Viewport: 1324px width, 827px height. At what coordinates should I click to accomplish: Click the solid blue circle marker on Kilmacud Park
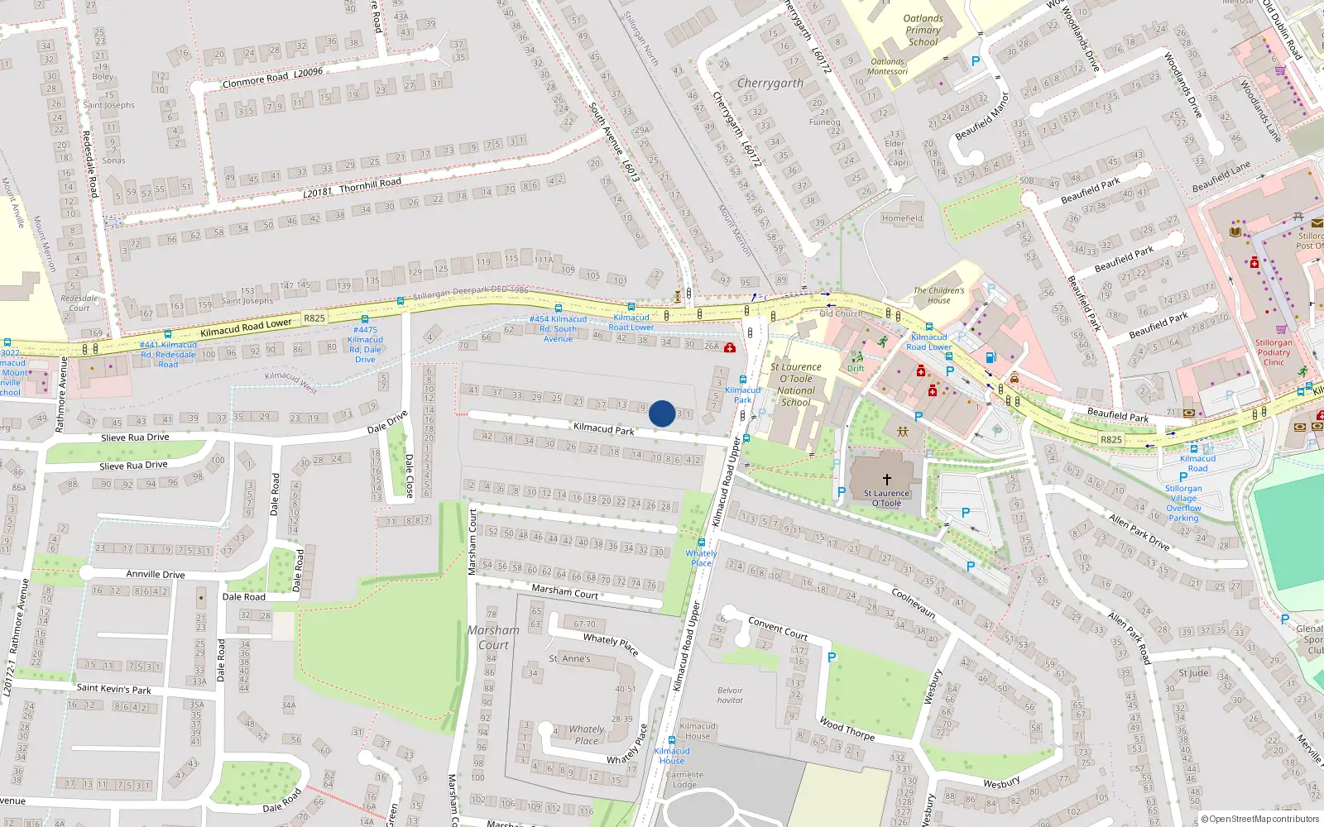coord(662,413)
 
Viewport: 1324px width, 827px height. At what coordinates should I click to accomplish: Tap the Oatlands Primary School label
coord(923,31)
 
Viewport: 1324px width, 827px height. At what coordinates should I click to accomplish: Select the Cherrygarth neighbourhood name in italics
coord(770,84)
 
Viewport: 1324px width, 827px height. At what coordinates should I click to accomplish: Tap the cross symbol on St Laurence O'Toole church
coord(886,479)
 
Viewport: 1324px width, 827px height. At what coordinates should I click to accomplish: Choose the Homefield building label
coord(901,218)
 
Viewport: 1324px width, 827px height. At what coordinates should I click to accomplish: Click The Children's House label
coord(938,295)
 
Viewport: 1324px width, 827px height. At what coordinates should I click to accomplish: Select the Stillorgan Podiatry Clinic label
coord(1274,352)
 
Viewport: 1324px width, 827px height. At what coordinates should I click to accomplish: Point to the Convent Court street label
coord(778,629)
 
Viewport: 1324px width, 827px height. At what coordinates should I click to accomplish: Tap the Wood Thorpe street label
coord(847,729)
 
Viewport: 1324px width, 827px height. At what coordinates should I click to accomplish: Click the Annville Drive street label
coord(155,574)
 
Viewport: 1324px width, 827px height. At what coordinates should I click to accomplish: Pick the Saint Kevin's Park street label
coord(113,688)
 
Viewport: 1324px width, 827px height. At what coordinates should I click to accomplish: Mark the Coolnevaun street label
coord(913,603)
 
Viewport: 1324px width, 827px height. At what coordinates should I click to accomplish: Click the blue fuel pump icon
coord(991,358)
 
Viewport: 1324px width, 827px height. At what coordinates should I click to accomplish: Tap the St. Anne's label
coord(569,659)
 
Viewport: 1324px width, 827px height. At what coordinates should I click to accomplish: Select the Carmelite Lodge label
coord(684,780)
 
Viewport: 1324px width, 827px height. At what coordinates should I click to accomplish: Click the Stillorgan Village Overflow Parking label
coord(1183,503)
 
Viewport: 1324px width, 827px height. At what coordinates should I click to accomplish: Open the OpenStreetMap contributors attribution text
coord(1264,820)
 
